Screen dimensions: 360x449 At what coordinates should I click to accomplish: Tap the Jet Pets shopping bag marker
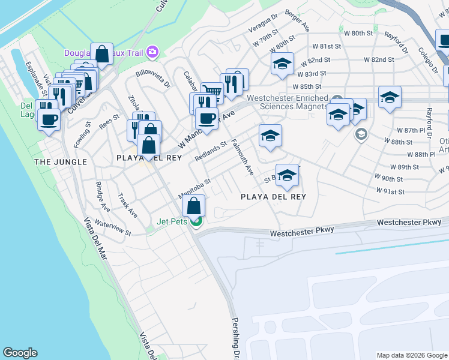point(195,207)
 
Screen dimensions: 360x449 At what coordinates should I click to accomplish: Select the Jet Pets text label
point(172,221)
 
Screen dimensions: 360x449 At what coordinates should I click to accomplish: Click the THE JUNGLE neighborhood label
point(61,162)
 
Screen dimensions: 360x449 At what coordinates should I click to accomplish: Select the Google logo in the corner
point(20,352)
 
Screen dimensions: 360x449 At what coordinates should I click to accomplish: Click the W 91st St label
point(390,191)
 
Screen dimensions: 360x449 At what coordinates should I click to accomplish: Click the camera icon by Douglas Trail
point(152,52)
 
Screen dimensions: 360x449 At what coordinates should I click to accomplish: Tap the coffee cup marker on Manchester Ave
point(206,118)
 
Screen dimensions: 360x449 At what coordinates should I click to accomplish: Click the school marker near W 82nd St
point(280,64)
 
